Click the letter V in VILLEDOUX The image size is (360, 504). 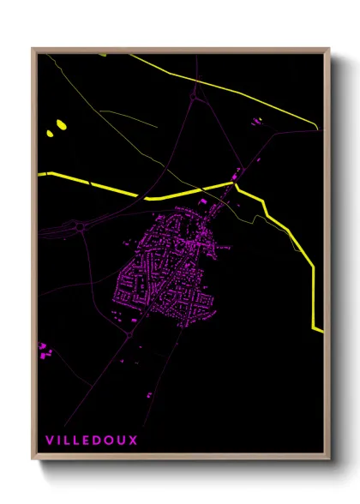point(49,440)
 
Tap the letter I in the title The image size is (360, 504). point(59,440)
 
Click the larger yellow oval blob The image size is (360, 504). point(61,125)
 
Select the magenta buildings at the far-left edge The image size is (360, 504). point(42,351)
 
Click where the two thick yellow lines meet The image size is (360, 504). point(233,183)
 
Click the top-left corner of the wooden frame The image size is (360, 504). point(33,49)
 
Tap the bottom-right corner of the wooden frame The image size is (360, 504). point(330,460)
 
